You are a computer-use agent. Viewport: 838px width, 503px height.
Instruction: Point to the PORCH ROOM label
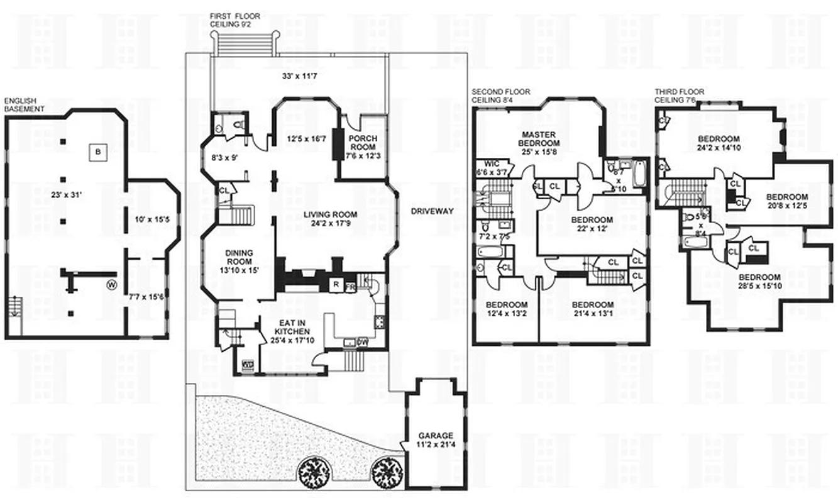point(364,142)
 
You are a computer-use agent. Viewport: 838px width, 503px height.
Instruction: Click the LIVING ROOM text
point(326,215)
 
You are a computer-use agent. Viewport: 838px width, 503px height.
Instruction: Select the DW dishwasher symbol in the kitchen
point(362,342)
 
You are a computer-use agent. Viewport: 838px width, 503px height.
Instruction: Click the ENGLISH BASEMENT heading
point(25,104)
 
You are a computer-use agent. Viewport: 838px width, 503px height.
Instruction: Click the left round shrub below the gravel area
point(312,471)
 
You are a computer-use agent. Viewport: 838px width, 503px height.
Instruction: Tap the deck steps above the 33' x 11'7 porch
point(245,43)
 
